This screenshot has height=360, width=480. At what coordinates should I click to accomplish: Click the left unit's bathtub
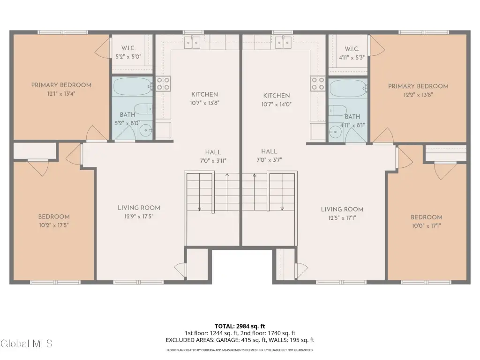(133, 86)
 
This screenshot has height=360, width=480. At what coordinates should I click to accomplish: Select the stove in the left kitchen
(163, 83)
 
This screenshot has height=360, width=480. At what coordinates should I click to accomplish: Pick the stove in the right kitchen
(318, 83)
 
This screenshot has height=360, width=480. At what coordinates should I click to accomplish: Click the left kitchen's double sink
(192, 43)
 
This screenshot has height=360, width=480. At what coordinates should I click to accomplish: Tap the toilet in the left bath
(143, 109)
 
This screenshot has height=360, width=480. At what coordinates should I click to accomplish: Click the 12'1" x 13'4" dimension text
(61, 94)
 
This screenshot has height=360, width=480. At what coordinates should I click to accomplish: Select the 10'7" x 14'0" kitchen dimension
(277, 105)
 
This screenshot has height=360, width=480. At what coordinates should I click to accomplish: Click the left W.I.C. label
(128, 48)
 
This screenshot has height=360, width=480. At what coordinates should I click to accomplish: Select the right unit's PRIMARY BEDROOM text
(418, 86)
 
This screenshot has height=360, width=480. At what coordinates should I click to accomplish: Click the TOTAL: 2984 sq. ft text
(240, 326)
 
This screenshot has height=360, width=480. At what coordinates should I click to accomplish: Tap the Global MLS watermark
(27, 344)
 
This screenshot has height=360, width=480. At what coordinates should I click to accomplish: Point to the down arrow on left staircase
(200, 192)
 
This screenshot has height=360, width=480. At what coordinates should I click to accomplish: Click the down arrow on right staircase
(282, 192)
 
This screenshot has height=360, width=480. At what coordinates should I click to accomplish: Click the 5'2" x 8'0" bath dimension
(127, 123)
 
